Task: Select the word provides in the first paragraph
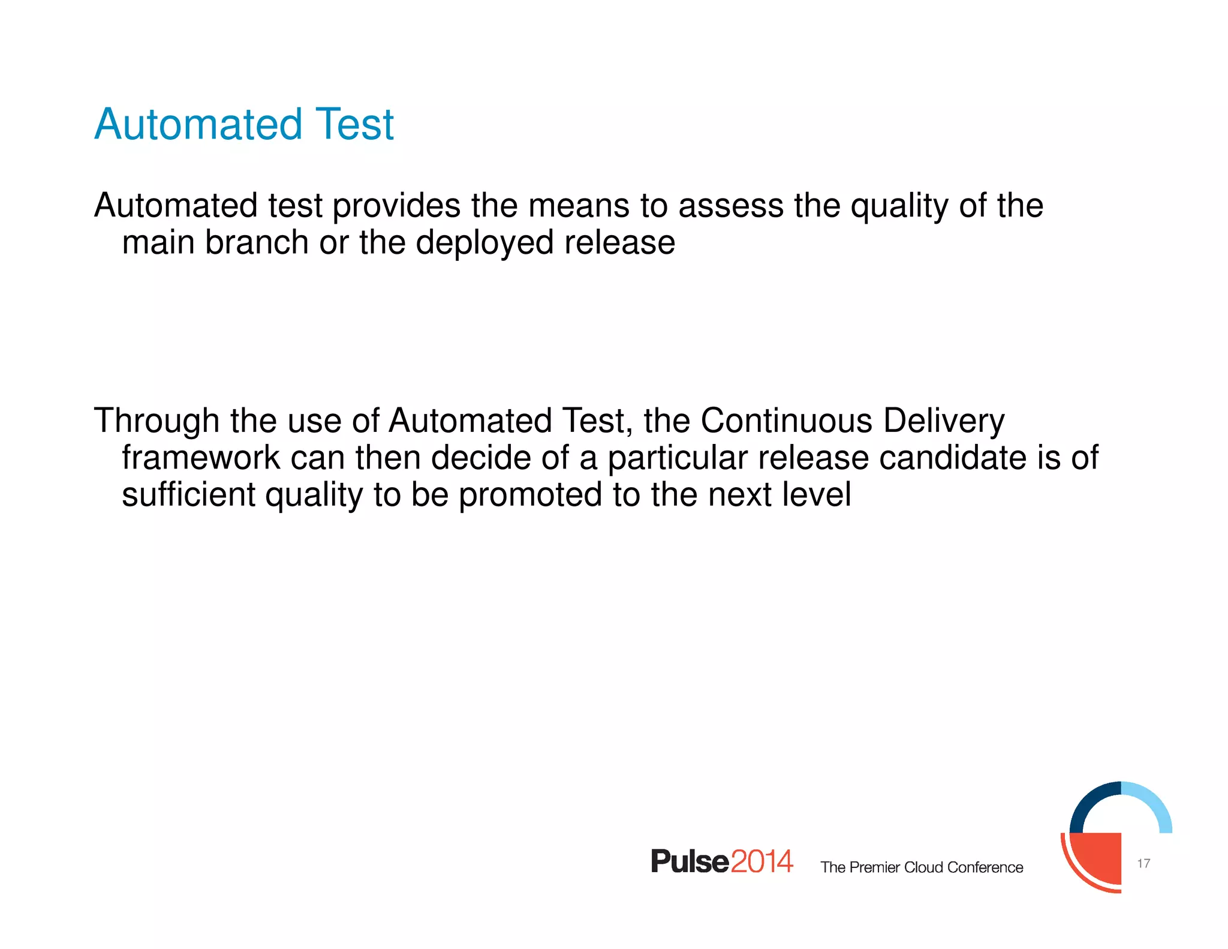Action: click(x=396, y=206)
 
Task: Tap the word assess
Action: click(x=731, y=206)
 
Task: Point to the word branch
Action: click(x=257, y=243)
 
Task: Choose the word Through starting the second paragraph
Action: click(x=156, y=421)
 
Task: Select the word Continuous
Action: click(x=786, y=421)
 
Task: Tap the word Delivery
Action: click(x=944, y=421)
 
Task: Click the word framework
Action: click(x=201, y=458)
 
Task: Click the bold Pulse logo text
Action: click(x=690, y=862)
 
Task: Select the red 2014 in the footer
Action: click(x=762, y=862)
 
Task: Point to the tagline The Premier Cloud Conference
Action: click(x=922, y=867)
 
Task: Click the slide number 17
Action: click(x=1143, y=863)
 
